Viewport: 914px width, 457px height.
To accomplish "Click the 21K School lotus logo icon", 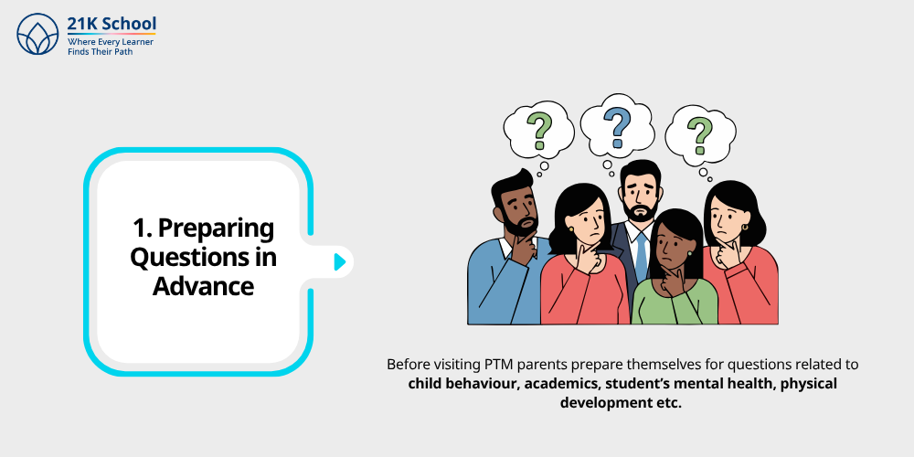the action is pos(37,34).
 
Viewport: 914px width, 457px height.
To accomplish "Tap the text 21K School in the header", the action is pos(112,24).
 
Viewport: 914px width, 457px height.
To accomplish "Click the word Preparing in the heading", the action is pos(216,229).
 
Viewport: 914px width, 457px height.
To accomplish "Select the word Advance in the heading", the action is pos(203,286).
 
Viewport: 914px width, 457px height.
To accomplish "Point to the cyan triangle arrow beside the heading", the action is pos(340,261).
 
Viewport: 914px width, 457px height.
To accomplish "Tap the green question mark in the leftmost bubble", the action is pos(538,130).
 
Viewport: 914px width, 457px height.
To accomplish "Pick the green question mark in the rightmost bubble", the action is pos(699,134).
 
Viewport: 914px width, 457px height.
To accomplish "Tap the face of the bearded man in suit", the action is pos(640,197).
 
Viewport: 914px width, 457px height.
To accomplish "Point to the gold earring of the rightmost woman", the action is pos(744,226).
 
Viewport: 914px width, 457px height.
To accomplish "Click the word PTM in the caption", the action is pos(497,365).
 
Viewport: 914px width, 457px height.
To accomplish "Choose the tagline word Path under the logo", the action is pos(123,51).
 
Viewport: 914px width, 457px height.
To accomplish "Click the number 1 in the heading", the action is pos(140,228).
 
